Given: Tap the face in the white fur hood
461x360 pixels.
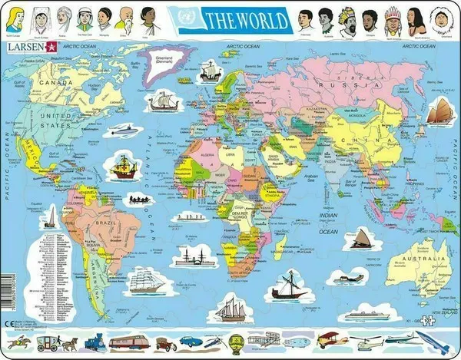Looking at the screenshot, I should (440, 17).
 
